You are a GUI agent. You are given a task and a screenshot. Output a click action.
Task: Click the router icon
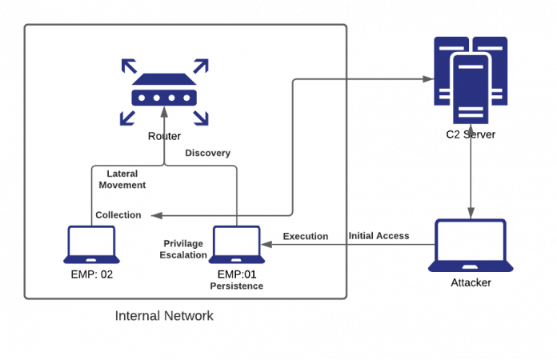click(164, 91)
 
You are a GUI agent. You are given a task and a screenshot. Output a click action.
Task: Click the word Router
click(164, 136)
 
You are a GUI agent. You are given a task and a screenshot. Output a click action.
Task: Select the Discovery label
click(208, 153)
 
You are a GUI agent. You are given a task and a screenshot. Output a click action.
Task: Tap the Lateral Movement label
click(126, 178)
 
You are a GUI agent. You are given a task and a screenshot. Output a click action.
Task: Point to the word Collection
click(118, 215)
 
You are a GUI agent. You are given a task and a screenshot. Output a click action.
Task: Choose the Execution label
click(306, 236)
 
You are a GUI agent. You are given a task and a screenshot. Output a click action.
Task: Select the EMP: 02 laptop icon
click(92, 245)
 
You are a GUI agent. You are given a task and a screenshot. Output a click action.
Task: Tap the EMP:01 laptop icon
click(237, 245)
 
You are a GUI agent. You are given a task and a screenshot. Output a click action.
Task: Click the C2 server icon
click(471, 81)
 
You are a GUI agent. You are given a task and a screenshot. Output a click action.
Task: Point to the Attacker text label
click(471, 282)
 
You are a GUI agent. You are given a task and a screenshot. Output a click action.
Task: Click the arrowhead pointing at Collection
click(156, 215)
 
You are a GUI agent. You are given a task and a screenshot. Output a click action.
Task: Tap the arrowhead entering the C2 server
click(425, 79)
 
